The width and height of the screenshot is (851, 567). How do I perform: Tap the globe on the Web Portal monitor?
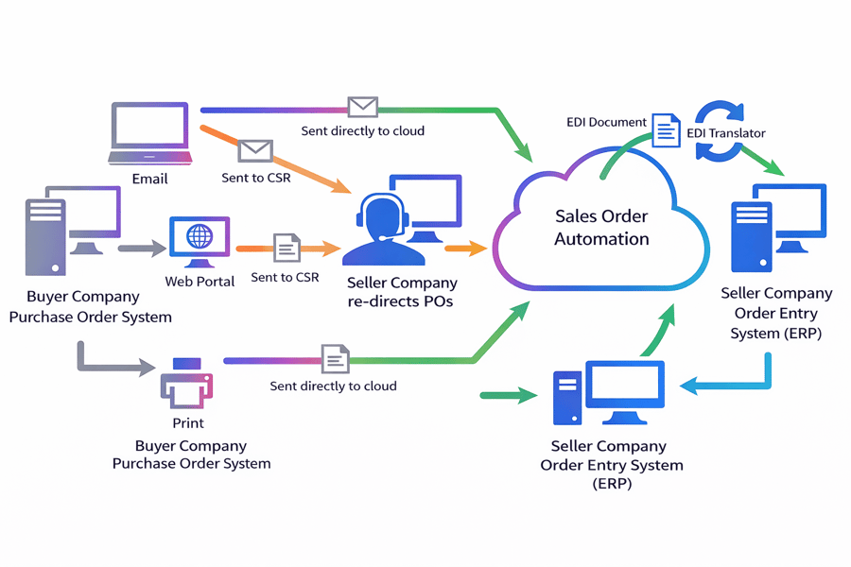coord(200,236)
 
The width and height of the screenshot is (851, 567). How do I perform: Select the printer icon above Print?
coord(186,384)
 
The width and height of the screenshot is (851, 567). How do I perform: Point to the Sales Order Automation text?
coord(601,228)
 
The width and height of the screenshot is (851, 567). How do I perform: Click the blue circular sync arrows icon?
coord(722,132)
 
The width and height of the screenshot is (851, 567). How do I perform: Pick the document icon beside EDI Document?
coord(667,129)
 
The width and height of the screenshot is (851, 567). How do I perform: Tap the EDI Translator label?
coord(726,133)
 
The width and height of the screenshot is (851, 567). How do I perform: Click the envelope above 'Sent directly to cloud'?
coord(362,107)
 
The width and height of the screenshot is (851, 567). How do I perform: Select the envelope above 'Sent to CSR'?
coord(255,150)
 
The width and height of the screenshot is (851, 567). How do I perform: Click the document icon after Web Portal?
coord(287,248)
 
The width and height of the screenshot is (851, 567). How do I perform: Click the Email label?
coord(150,179)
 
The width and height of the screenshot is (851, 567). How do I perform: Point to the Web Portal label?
coord(200,282)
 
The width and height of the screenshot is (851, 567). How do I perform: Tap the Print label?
coord(188,423)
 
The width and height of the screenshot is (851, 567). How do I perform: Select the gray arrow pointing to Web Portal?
coord(141,249)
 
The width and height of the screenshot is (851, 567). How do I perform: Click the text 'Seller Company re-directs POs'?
coord(402,292)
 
